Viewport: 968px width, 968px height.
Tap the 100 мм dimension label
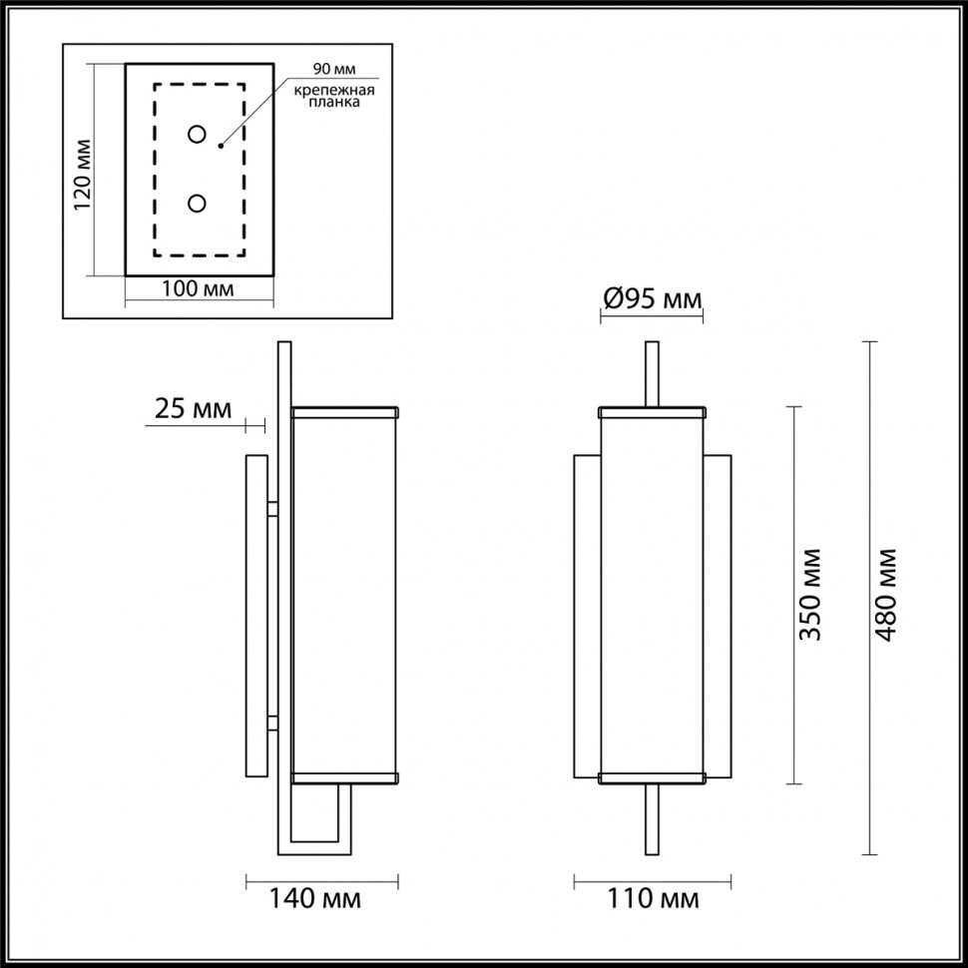coord(198,289)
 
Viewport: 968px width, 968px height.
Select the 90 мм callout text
coord(333,69)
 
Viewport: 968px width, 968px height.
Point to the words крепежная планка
coord(333,97)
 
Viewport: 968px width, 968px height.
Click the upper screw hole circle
coord(198,134)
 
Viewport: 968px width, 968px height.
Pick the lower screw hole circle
coord(198,204)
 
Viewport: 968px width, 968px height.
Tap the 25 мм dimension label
coord(194,408)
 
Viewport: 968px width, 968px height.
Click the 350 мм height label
coord(810,595)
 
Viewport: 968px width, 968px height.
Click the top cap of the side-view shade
coord(344,410)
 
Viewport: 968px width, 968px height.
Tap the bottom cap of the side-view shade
coord(344,775)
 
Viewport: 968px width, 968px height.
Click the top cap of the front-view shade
coord(651,410)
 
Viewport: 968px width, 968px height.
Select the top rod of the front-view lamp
coord(652,373)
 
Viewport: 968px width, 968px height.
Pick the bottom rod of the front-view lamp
coord(652,818)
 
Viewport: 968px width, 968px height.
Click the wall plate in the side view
coord(256,616)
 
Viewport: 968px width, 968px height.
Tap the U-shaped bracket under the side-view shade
coord(320,844)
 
